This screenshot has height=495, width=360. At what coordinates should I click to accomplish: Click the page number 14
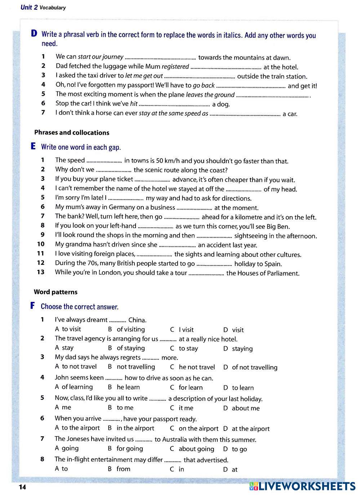tap(22, 487)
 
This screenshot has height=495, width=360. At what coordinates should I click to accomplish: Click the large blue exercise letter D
tap(34, 34)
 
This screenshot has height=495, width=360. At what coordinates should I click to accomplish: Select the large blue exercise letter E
tap(34, 146)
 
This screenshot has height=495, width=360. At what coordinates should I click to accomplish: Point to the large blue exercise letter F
tap(33, 306)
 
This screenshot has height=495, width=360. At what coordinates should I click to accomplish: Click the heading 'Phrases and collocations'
tap(72, 133)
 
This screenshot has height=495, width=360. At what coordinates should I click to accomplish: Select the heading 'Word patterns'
tap(55, 292)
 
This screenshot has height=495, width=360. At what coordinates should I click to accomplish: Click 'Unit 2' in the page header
tap(29, 7)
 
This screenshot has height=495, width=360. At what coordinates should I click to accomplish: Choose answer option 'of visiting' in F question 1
tap(130, 329)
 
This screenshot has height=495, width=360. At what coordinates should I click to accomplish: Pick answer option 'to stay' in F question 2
tap(188, 348)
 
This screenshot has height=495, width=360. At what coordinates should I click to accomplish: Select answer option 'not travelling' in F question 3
tap(135, 367)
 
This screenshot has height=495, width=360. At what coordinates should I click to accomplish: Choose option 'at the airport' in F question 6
tap(250, 429)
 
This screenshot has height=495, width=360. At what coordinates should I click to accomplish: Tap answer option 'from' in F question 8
tap(123, 469)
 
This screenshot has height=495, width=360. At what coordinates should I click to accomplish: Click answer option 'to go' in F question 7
tap(239, 449)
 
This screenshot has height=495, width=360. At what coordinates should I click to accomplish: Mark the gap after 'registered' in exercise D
tap(226, 67)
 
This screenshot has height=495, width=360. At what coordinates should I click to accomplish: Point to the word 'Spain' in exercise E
tap(273, 264)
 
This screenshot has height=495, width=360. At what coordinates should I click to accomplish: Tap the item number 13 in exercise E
tap(40, 272)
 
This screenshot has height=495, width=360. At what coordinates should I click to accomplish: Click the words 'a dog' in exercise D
tap(221, 104)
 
